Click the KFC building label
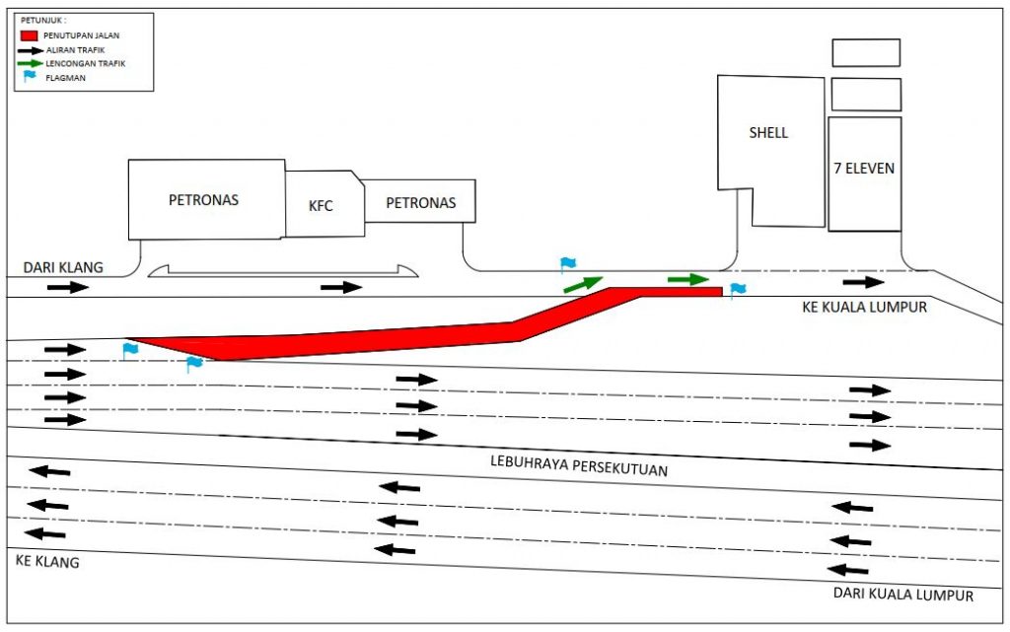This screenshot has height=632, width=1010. point(321,206)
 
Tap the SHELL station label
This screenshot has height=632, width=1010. point(768,132)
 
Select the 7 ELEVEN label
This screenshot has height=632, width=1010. point(864,169)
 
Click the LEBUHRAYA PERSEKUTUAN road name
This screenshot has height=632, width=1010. point(579,465)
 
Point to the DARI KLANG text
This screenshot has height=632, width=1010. point(63,267)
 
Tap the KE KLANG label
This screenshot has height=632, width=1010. point(47,562)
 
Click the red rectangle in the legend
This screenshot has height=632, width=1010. point(30,35)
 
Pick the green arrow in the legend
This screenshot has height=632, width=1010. point(32,62)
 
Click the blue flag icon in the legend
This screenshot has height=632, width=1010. point(30,76)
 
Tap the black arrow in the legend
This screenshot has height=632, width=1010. point(32,49)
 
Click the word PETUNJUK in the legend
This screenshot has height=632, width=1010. point(42,19)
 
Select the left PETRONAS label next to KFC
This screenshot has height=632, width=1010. point(203,200)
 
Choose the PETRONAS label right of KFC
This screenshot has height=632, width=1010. point(420,203)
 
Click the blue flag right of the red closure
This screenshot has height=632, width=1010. point(737,290)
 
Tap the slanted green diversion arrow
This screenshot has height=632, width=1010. point(583,284)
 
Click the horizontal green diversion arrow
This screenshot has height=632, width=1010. point(688,279)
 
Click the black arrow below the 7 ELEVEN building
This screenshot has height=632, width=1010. point(863,283)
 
